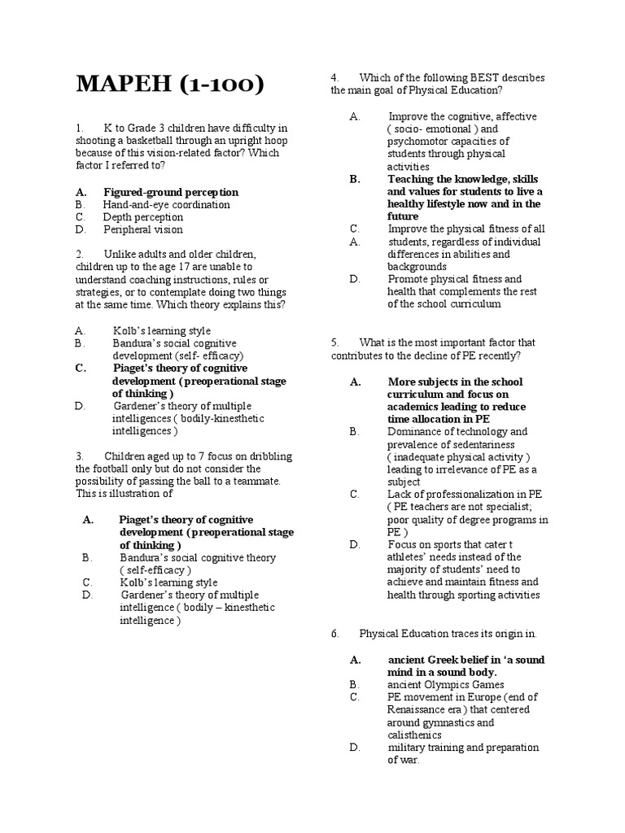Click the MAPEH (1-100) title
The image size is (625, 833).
(x=169, y=85)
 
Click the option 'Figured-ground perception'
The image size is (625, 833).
(x=171, y=192)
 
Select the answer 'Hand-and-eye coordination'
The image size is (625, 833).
(x=166, y=204)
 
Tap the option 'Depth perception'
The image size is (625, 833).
(x=142, y=217)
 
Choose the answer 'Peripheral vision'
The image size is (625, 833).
(x=142, y=229)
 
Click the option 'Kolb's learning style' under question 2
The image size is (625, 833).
(x=161, y=331)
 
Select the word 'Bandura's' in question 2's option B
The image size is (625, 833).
(x=136, y=343)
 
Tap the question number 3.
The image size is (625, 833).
(x=80, y=456)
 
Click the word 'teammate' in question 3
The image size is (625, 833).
(x=258, y=481)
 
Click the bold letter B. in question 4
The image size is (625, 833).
(x=354, y=179)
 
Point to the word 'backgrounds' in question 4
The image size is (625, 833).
(x=417, y=266)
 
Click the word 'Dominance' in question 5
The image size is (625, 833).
(x=414, y=431)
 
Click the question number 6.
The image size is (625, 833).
(x=334, y=633)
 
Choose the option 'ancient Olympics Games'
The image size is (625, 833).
(x=445, y=685)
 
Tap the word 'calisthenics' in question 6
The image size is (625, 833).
(x=414, y=735)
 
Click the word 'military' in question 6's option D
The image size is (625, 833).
(x=407, y=748)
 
